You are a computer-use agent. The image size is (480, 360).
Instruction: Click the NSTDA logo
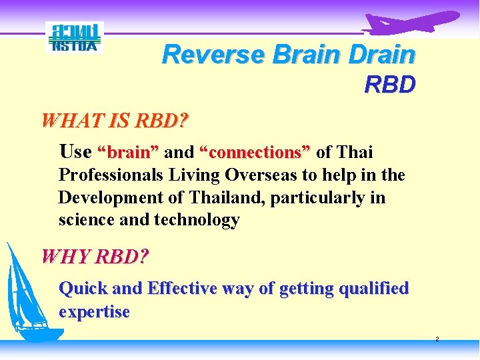pyautogui.click(x=75, y=37)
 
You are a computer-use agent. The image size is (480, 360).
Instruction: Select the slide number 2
pyautogui.click(x=437, y=339)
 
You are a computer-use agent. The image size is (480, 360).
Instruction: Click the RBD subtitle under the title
pyautogui.click(x=390, y=85)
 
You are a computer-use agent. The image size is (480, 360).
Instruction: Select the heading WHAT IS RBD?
pyautogui.click(x=115, y=121)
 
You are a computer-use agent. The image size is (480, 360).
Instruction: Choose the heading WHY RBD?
pyautogui.click(x=95, y=256)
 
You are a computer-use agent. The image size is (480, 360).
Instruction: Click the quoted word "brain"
pyautogui.click(x=128, y=153)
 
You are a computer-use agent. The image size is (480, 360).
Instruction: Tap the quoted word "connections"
pyautogui.click(x=255, y=153)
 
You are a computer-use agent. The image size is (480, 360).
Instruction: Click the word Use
pyautogui.click(x=75, y=152)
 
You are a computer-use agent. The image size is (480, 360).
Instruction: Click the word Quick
pyautogui.click(x=83, y=289)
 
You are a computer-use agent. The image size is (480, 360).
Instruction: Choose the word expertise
pyautogui.click(x=94, y=312)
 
